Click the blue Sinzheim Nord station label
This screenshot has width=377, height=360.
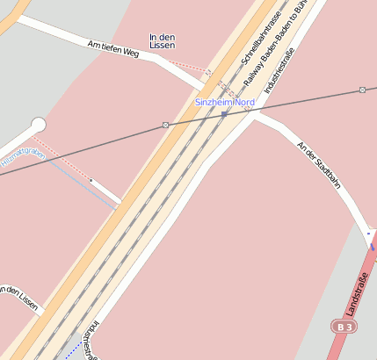(x=224, y=103)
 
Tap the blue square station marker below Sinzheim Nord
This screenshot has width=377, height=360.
(x=224, y=114)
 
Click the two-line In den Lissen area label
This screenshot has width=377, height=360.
(x=163, y=40)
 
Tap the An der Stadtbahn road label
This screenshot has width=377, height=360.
(x=319, y=165)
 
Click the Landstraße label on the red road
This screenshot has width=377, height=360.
(x=359, y=293)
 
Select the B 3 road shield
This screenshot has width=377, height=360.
(x=344, y=327)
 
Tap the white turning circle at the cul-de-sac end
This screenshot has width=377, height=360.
(x=38, y=125)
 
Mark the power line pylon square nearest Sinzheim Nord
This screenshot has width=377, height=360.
(x=165, y=126)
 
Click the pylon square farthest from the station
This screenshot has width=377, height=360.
(x=362, y=90)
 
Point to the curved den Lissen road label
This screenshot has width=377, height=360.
(x=19, y=297)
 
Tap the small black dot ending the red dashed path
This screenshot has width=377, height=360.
(x=91, y=180)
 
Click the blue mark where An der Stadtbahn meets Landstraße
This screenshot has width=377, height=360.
(x=370, y=235)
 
